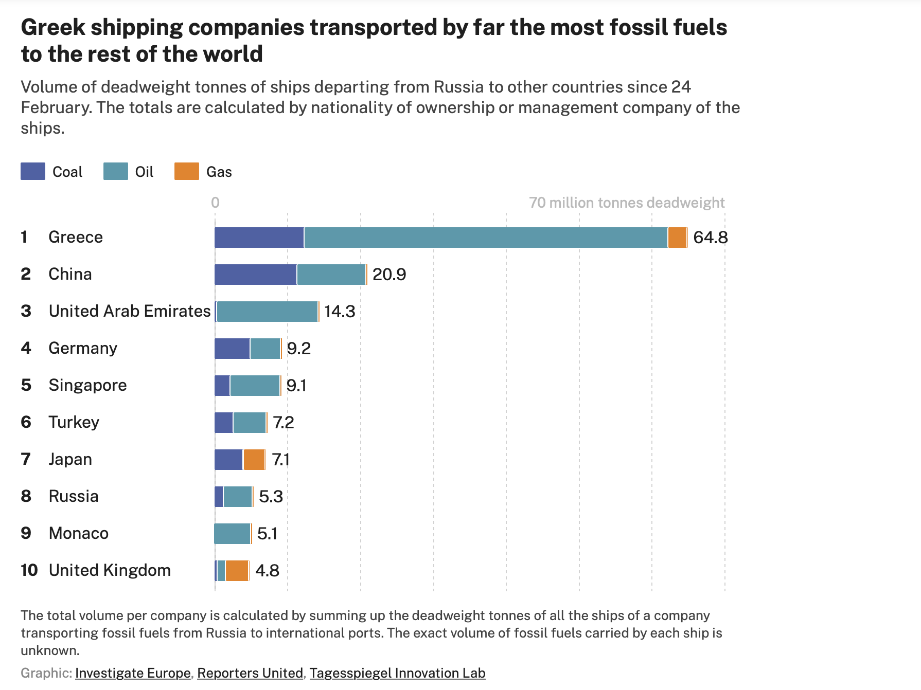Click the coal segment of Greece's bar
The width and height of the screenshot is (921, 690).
259,238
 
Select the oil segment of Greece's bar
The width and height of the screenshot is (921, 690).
485,238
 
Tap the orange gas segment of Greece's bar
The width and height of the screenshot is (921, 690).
677,238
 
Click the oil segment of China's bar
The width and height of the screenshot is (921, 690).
331,275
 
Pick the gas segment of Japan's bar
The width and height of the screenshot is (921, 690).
254,460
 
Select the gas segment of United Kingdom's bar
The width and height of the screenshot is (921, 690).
237,571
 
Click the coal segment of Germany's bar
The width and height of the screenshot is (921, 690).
232,349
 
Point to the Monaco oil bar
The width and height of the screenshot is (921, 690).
232,534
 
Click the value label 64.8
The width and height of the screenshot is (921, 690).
710,238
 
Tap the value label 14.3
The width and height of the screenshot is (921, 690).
340,312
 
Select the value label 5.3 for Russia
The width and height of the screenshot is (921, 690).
271,497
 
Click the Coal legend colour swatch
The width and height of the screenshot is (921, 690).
33,171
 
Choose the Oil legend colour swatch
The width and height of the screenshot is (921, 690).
115,171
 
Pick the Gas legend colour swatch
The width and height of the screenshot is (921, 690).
186,171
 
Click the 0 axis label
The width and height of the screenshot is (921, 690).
215,203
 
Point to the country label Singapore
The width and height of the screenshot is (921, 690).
87,385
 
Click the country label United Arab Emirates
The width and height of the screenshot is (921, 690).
130,311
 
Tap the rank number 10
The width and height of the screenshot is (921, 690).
29,570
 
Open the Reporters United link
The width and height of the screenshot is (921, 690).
250,673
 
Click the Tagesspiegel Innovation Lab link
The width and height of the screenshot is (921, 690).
397,673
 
